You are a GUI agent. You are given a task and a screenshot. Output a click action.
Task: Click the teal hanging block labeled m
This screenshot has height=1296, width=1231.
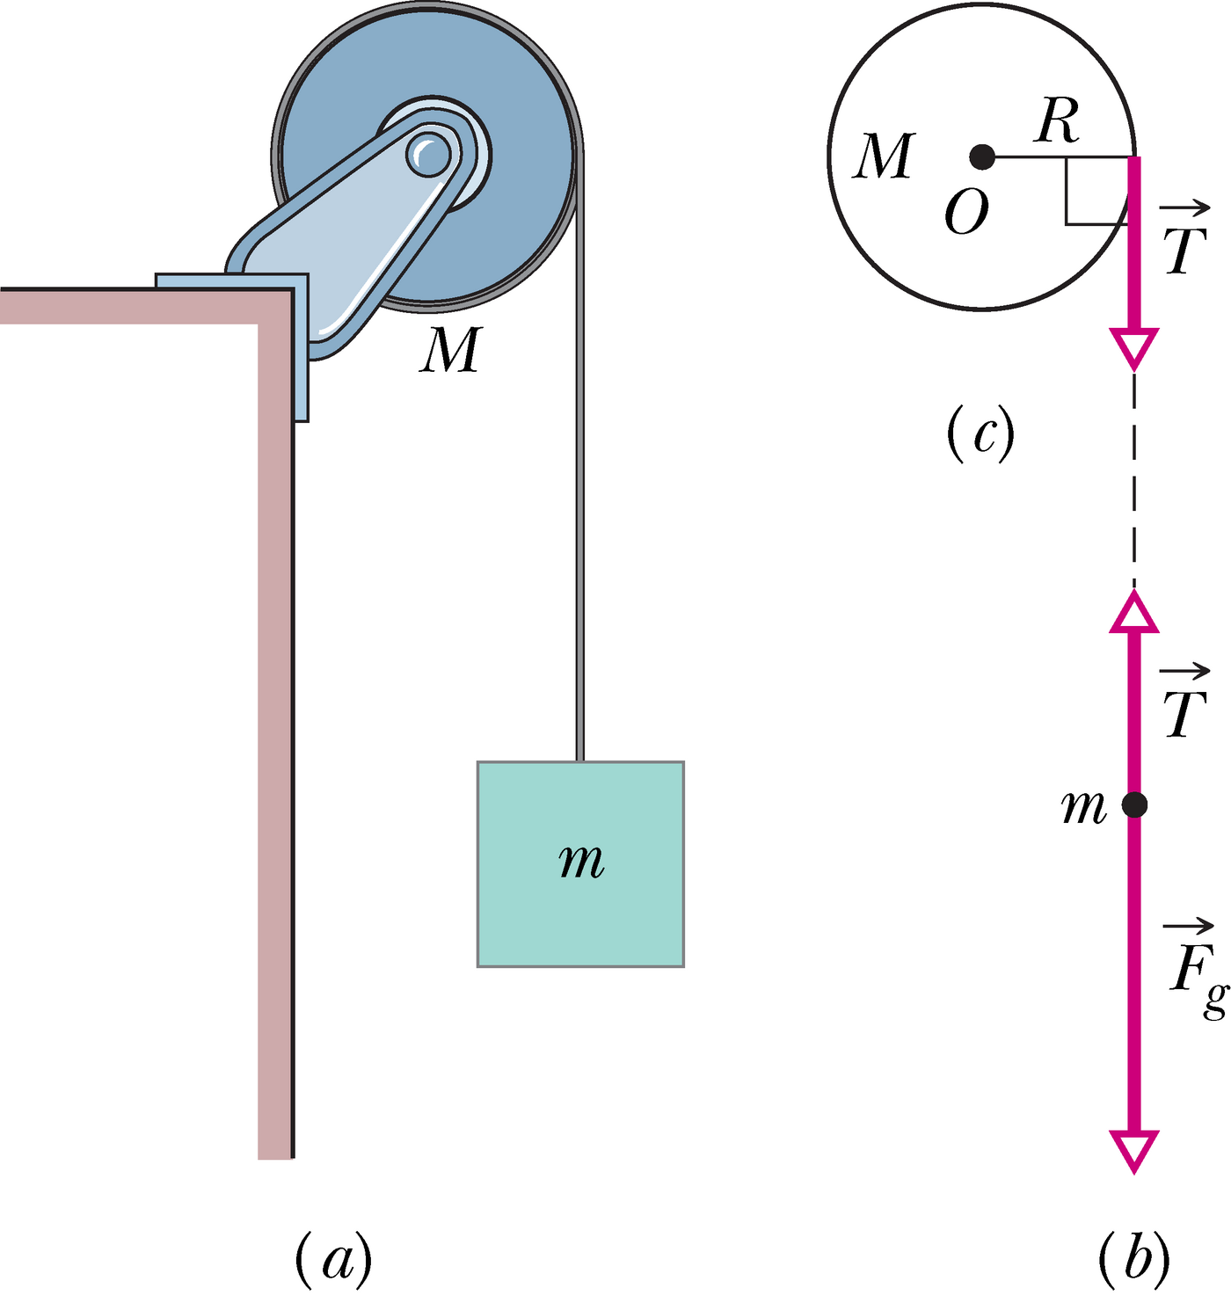point(580,863)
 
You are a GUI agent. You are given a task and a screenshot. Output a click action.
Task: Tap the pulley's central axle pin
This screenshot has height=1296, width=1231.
point(428,155)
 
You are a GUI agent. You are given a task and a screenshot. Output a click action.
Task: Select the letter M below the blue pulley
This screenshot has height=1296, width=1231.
point(451,349)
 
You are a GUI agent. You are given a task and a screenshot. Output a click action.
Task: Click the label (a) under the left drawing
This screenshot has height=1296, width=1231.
point(333,1258)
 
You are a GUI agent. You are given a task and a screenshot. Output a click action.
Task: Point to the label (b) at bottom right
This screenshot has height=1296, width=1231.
point(1134,1258)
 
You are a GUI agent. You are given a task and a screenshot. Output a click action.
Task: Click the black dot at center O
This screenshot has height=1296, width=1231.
point(981,157)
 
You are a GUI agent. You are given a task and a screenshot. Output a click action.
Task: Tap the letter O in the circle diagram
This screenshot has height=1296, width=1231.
point(966,213)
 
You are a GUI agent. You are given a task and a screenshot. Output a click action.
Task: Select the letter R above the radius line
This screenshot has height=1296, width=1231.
point(1058,120)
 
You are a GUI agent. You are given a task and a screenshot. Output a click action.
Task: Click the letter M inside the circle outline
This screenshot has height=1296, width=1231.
point(885,157)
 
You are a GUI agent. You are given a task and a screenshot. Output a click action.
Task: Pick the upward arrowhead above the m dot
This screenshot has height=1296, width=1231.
point(1134,612)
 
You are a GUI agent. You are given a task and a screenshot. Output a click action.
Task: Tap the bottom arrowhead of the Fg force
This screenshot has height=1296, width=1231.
point(1134,1150)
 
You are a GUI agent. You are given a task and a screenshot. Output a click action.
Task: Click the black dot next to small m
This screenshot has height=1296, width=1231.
point(1134,804)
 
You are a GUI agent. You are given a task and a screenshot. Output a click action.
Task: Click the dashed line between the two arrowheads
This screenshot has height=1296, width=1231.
point(1134,479)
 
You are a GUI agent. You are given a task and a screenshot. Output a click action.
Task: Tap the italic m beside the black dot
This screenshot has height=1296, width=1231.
point(1083,806)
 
